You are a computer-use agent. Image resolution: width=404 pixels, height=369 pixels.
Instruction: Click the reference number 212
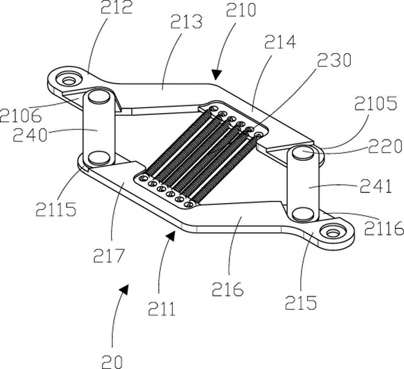pos(116,7)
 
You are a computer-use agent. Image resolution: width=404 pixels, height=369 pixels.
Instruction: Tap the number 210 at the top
pos(241,10)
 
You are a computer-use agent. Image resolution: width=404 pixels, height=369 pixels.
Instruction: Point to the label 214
pos(280,42)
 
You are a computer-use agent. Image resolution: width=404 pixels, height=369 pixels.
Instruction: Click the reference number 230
pos(334,60)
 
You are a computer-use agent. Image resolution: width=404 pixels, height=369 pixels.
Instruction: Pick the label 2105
pos(376,103)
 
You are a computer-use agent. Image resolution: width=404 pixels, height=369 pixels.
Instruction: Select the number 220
pos(385,146)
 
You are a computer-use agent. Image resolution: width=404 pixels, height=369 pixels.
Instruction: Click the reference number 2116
pos(384,228)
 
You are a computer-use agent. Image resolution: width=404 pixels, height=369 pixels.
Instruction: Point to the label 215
pos(301,302)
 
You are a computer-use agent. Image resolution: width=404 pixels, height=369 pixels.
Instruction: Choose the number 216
pos(228,289)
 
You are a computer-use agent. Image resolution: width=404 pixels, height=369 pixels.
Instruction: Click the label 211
pos(162,309)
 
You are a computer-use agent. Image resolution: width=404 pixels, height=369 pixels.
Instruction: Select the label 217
pos(109,256)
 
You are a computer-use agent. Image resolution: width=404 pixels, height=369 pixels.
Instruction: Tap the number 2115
pos(56,209)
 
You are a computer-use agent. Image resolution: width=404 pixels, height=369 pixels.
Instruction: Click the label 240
pos(30,135)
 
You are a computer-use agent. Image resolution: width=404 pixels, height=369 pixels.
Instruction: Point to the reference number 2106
pos(21,116)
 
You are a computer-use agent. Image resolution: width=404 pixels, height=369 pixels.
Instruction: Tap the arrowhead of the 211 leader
pos(171,236)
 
